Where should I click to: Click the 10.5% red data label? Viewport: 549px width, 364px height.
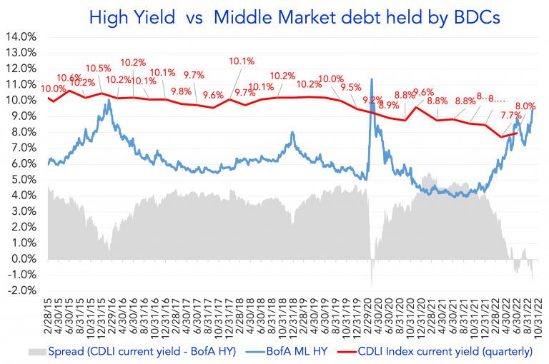[99, 69]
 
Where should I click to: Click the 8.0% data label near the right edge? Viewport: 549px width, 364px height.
[525, 106]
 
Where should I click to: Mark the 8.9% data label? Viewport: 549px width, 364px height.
[388, 105]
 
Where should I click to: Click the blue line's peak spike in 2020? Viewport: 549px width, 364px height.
[371, 79]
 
